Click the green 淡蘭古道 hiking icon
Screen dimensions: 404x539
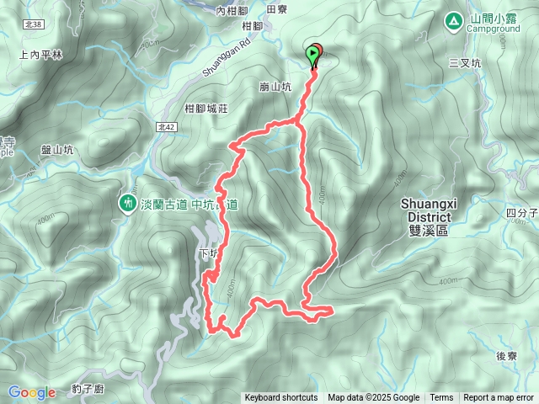[x=127, y=202]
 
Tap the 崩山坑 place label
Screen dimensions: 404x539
[x=275, y=86]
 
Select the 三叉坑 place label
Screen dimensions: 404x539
[x=464, y=62]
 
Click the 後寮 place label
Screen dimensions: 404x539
[x=506, y=356]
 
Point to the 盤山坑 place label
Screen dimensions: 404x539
[x=58, y=149]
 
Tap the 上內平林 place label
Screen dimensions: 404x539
[x=40, y=55]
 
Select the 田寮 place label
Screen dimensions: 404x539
[x=277, y=9]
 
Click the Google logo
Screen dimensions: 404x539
[x=32, y=392]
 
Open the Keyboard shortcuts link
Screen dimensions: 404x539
[x=281, y=398]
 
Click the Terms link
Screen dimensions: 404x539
[x=441, y=398]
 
